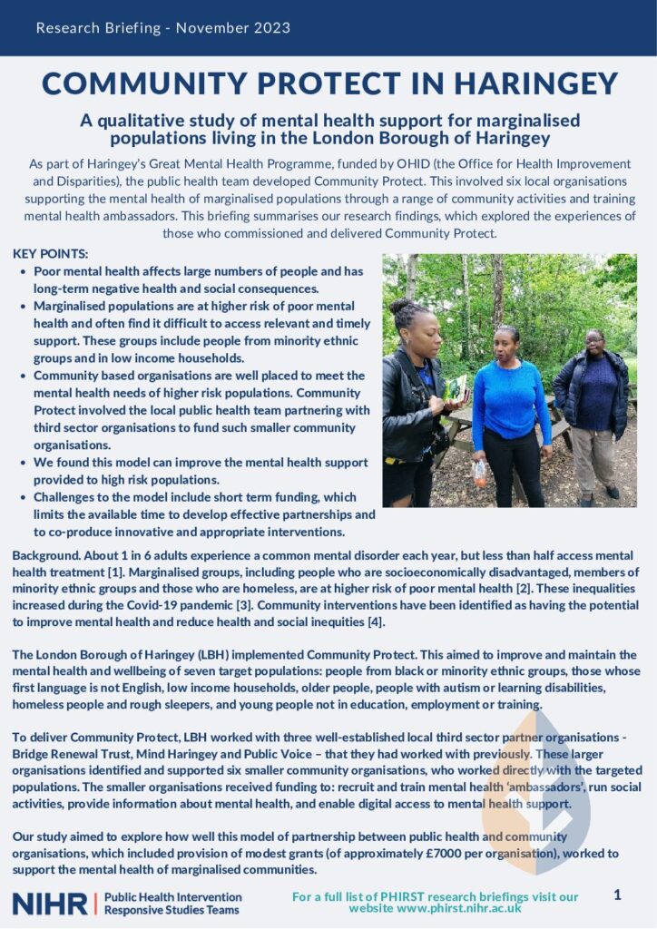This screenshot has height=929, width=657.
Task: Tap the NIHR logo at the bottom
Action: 50,903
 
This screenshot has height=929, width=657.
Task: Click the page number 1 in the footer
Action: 617,895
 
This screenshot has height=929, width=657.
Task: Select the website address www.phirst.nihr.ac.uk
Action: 435,908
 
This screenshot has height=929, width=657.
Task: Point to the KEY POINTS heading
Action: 51,254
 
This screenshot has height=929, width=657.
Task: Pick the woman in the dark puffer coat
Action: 592,408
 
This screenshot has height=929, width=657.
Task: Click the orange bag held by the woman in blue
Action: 479,472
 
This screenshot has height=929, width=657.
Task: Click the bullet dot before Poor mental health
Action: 23,272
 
